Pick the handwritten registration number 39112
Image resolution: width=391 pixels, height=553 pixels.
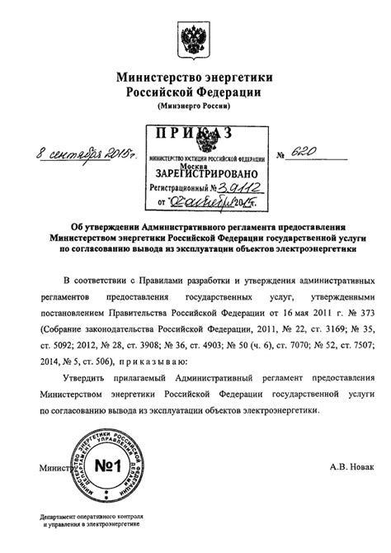coord(240,187)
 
